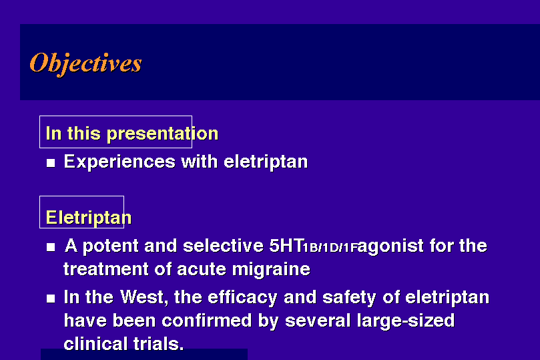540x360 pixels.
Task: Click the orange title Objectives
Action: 85,63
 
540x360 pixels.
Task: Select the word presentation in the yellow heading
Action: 163,134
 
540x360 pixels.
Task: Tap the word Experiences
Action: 119,162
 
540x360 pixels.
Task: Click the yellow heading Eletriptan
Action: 89,218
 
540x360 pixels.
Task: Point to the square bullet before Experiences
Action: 51,162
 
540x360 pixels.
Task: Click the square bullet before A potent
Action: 51,246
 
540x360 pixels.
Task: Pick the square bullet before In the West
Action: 51,299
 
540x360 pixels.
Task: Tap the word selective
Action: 223,246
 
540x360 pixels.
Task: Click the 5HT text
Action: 286,246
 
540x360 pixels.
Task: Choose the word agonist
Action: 390,246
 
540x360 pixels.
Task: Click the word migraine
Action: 271,269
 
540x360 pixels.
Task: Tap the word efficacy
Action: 242,298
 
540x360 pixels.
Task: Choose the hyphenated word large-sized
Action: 406,321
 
